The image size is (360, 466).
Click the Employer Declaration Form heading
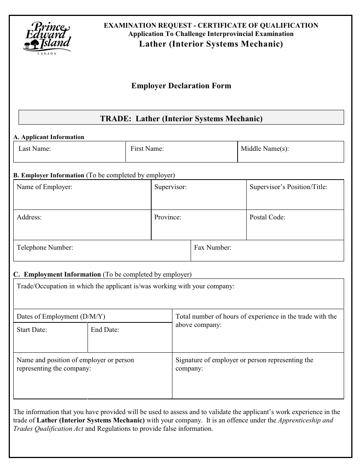(x=181, y=86)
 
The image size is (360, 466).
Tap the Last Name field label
(x=34, y=149)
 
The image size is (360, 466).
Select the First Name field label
(x=147, y=149)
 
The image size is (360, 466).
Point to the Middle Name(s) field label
(x=265, y=149)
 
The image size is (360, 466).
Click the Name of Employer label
(x=44, y=187)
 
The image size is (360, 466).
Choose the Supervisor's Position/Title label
(x=288, y=187)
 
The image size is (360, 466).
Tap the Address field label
(x=29, y=217)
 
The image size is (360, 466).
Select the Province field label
(x=167, y=217)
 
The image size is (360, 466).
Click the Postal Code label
(x=268, y=217)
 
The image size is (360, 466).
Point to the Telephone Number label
(x=45, y=247)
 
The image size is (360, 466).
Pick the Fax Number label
(x=213, y=247)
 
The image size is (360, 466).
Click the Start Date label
(x=32, y=330)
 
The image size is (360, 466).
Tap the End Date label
(x=105, y=330)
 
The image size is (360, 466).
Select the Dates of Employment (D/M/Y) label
(x=61, y=316)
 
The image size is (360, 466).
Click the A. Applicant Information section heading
(x=49, y=137)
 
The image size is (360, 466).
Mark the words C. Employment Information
(x=57, y=274)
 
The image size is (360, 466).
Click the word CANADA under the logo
(x=47, y=54)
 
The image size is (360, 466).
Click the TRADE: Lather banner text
(x=181, y=119)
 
